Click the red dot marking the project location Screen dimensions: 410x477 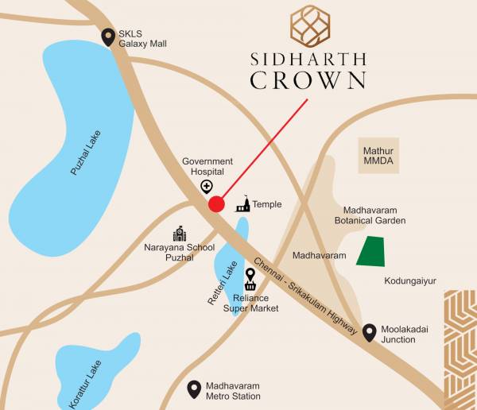click(x=215, y=204)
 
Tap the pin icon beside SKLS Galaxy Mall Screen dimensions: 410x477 click(x=108, y=37)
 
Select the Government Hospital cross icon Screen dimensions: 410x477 click(x=207, y=187)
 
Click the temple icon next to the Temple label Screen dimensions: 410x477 click(x=242, y=204)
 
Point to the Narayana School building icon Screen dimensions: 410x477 click(x=180, y=234)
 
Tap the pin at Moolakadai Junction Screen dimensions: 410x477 click(x=369, y=333)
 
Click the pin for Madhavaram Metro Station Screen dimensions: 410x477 click(x=193, y=389)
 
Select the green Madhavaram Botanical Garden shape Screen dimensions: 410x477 click(x=369, y=252)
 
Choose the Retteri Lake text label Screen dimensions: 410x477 click(x=228, y=282)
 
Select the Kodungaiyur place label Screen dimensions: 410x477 click(x=410, y=280)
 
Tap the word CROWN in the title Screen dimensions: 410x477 click(x=308, y=80)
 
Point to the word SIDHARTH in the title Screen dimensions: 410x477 click(x=308, y=58)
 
